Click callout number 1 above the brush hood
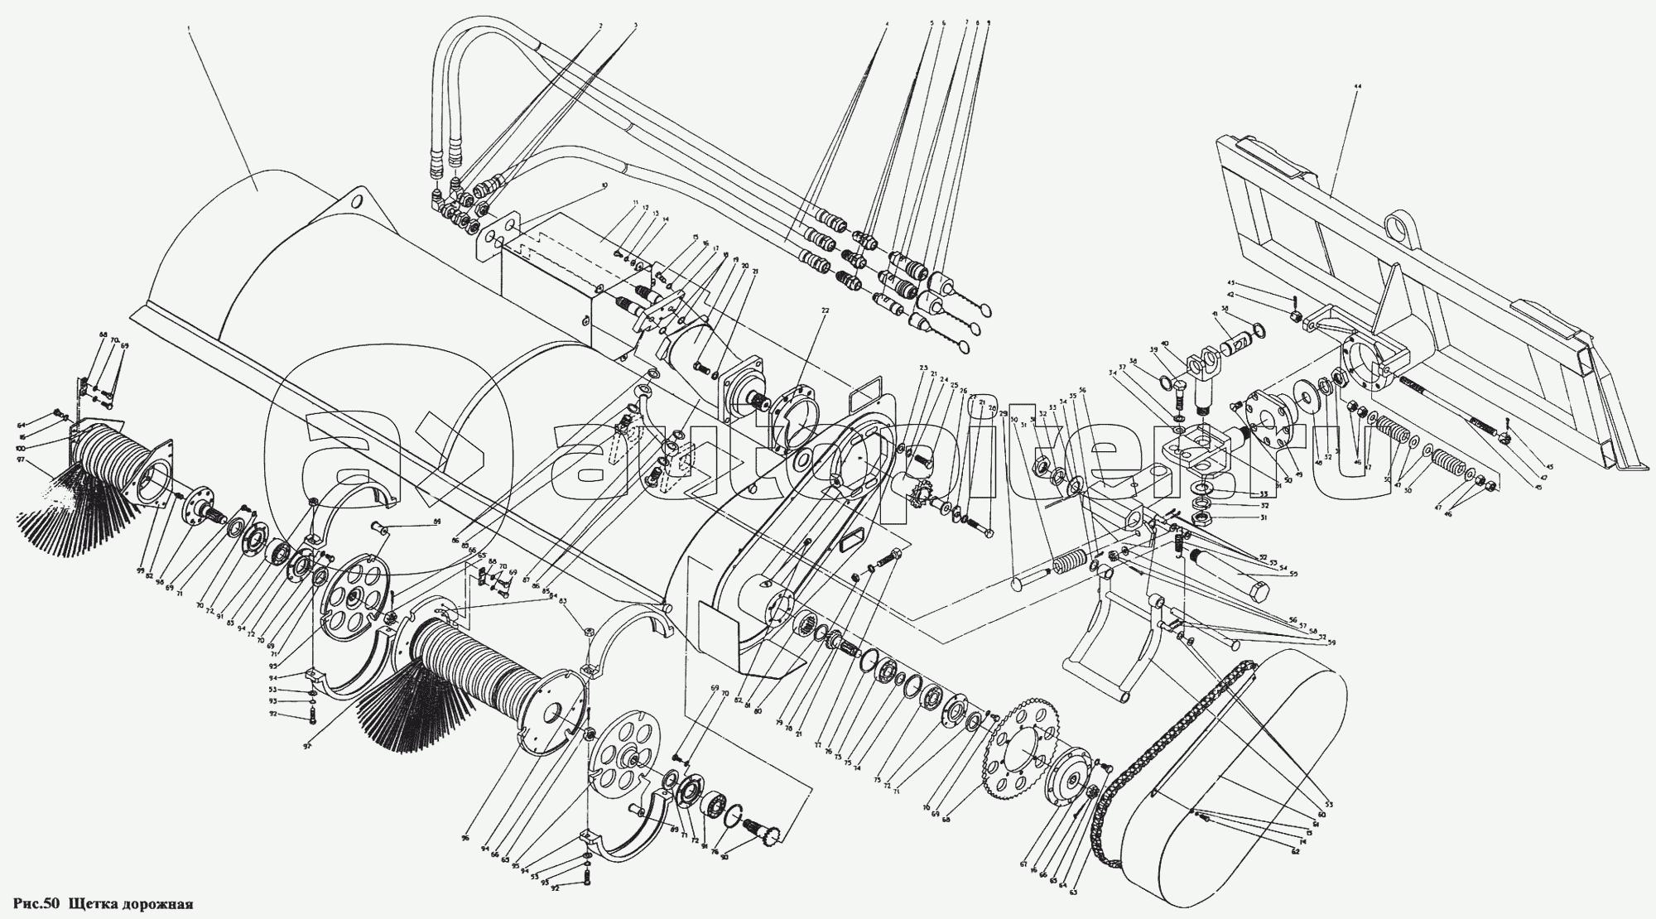click(x=189, y=27)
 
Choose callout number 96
click(x=466, y=838)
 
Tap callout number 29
click(x=1004, y=413)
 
